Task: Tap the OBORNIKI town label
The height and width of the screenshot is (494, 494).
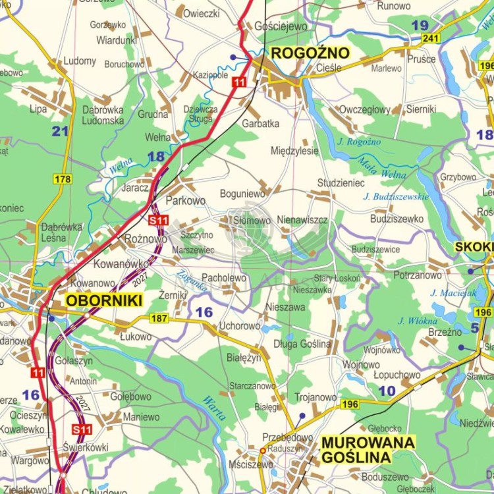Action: (104, 301)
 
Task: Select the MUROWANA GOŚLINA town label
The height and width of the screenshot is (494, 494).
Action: (368, 449)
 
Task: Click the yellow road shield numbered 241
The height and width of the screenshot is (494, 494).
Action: (431, 39)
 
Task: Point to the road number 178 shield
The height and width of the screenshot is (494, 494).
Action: (63, 179)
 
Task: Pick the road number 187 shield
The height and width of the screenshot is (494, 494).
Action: (159, 319)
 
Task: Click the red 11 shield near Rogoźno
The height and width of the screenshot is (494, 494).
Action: (239, 82)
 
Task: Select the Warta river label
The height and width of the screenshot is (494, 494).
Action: (213, 408)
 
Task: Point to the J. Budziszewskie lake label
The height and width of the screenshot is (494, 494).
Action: (395, 196)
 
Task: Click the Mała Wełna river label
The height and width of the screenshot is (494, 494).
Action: (381, 168)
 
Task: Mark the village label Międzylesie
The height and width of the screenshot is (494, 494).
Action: (294, 151)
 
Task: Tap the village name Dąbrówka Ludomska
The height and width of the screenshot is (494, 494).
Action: (103, 115)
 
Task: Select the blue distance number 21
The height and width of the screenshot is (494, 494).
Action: (60, 131)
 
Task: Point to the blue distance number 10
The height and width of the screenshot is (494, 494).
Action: (387, 391)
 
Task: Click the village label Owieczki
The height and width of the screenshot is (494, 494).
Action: (201, 13)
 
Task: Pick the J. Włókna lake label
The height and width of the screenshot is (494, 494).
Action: (418, 321)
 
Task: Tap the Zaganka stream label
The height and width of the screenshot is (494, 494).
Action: (192, 281)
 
